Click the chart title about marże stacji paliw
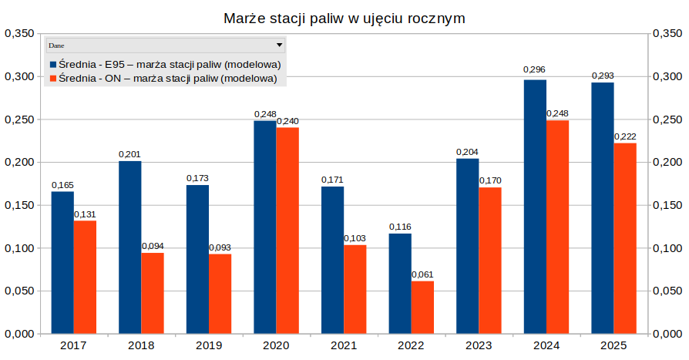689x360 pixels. tap(344, 18)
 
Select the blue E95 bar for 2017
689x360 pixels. tap(62, 262)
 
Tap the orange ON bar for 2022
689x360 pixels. tap(422, 307)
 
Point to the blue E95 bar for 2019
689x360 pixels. tap(197, 259)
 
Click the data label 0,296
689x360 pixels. tap(534, 70)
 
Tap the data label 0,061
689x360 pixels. tap(422, 274)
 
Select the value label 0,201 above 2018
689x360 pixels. tap(129, 154)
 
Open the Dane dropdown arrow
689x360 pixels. tap(280, 45)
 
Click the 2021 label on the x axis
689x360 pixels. tap(344, 346)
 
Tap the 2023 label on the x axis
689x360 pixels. tap(479, 346)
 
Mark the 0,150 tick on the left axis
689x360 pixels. tap(19, 205)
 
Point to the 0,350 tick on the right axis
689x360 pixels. tap(667, 34)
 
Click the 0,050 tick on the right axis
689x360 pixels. tap(667, 291)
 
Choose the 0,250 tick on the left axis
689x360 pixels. tap(19, 119)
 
